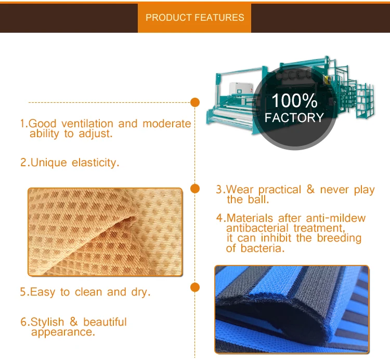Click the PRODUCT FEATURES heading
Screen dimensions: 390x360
click(195, 18)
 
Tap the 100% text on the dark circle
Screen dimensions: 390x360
click(294, 101)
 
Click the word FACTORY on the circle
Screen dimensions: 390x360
click(294, 117)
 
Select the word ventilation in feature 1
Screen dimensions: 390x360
click(87, 124)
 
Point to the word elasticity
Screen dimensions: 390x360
click(96, 163)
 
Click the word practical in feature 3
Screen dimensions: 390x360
click(280, 190)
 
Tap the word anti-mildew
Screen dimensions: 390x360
click(336, 218)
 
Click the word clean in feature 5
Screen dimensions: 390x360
click(88, 292)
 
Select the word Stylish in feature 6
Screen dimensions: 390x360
click(47, 322)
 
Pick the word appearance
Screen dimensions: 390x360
click(63, 332)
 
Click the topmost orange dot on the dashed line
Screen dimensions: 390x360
click(195, 102)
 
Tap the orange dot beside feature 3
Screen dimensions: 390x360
click(195, 189)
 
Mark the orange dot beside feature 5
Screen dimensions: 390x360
click(195, 287)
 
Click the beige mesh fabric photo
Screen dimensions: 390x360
click(105, 232)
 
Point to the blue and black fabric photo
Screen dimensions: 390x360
click(292, 309)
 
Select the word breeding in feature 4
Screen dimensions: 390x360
click(339, 238)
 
